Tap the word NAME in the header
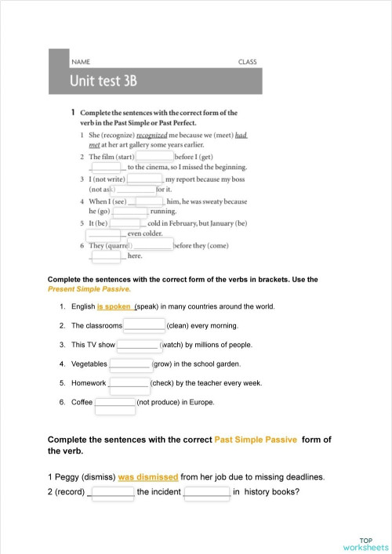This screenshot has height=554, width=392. (81, 61)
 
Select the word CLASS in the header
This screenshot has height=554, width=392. (247, 61)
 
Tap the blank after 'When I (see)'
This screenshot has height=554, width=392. (149, 201)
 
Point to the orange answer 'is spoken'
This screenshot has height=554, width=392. (114, 306)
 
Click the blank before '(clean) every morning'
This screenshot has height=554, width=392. (145, 325)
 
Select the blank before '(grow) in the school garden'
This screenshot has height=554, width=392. (130, 364)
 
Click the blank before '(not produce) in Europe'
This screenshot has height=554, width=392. (115, 403)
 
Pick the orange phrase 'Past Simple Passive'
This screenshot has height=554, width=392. (255, 440)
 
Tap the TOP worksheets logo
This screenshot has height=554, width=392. (365, 544)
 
